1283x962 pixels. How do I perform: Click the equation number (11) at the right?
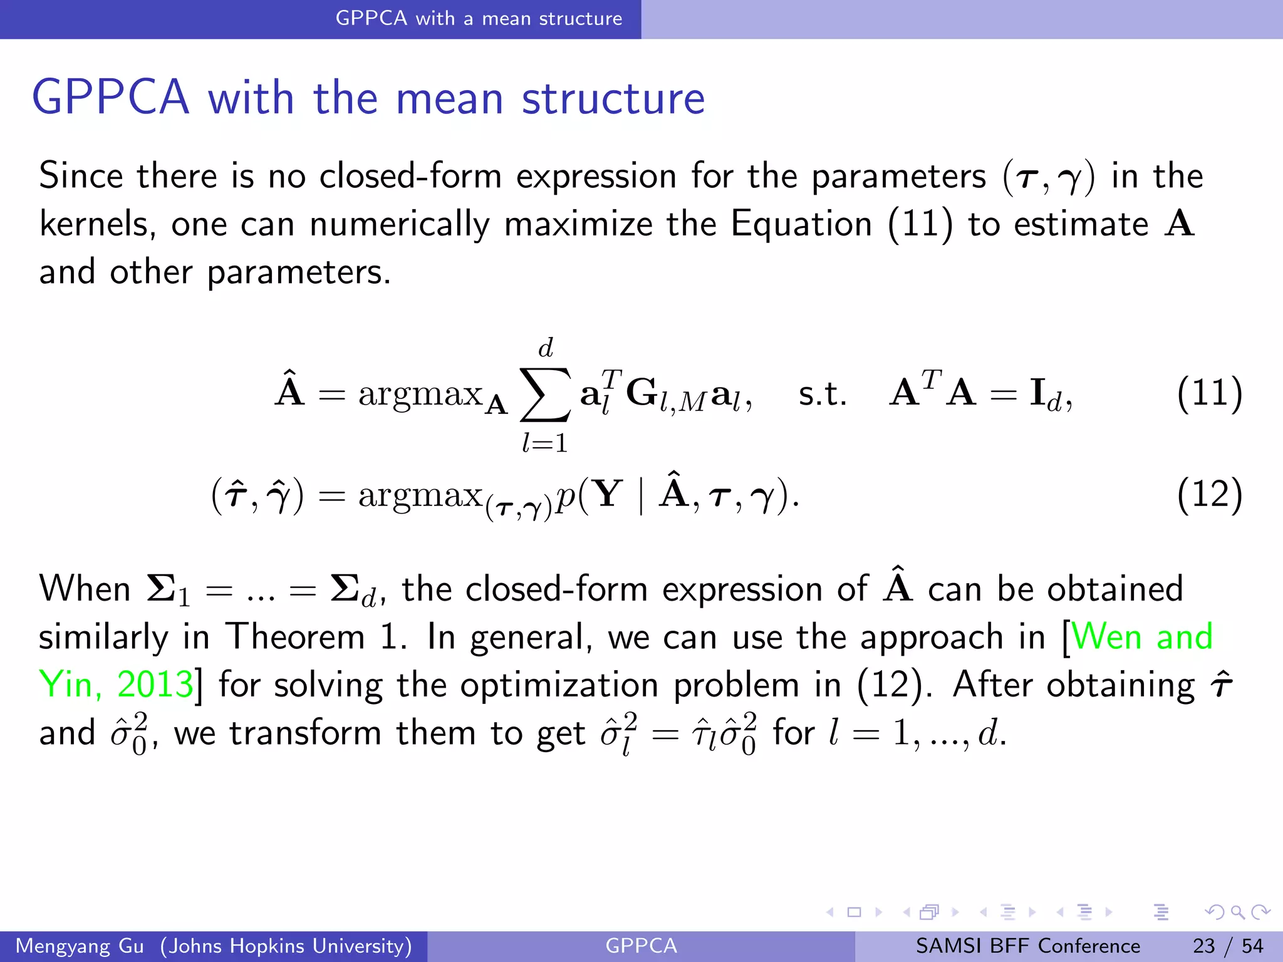pyautogui.click(x=1209, y=394)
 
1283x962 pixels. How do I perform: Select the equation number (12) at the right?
pyautogui.click(x=1209, y=495)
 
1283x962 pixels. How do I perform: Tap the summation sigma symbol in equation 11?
pyautogui.click(x=545, y=395)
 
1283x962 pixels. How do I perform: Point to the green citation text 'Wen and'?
pyautogui.click(x=1142, y=637)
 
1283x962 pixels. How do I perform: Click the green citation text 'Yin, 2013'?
pyautogui.click(x=116, y=685)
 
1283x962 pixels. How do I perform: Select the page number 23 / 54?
pyautogui.click(x=1228, y=946)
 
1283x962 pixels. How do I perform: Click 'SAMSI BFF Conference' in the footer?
pyautogui.click(x=1027, y=946)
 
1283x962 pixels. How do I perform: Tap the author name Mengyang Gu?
pyautogui.click(x=80, y=946)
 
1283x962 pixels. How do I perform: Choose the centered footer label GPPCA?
pyautogui.click(x=641, y=946)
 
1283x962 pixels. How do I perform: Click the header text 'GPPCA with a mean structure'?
pyautogui.click(x=479, y=19)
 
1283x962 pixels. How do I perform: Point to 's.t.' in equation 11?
pyautogui.click(x=822, y=395)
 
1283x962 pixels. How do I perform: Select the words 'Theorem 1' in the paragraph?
pyautogui.click(x=316, y=637)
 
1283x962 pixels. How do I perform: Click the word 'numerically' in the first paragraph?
pyautogui.click(x=399, y=224)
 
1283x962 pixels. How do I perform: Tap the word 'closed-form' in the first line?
pyautogui.click(x=410, y=176)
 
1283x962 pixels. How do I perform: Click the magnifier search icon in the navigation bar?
pyautogui.click(x=1237, y=912)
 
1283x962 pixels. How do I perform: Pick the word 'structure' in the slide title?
pyautogui.click(x=613, y=98)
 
